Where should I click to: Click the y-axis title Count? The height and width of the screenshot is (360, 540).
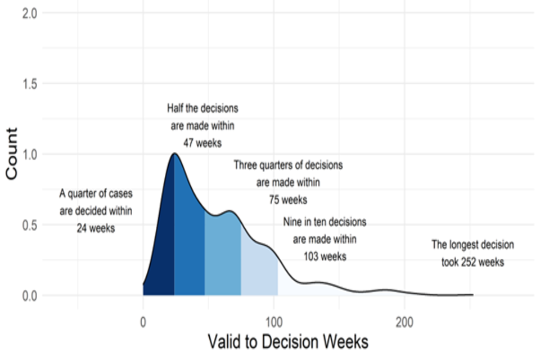[x=12, y=154]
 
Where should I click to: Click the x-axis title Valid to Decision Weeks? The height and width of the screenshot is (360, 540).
[x=287, y=341]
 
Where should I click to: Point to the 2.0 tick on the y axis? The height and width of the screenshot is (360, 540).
[x=29, y=13]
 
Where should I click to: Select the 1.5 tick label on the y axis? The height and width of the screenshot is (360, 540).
[x=29, y=84]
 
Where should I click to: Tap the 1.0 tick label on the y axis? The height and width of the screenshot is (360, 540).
[x=29, y=154]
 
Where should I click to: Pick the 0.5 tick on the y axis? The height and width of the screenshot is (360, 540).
[x=29, y=225]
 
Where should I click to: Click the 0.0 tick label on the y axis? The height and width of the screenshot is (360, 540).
[x=29, y=295]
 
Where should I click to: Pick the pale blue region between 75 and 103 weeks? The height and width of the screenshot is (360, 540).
[x=259, y=270]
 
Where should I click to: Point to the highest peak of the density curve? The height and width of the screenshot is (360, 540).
[x=174, y=154]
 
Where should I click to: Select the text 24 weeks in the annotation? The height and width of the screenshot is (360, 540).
[x=96, y=228]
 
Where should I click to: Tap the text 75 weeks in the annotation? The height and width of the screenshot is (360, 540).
[x=288, y=200]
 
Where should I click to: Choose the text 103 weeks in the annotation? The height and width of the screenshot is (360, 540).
[x=325, y=256]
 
